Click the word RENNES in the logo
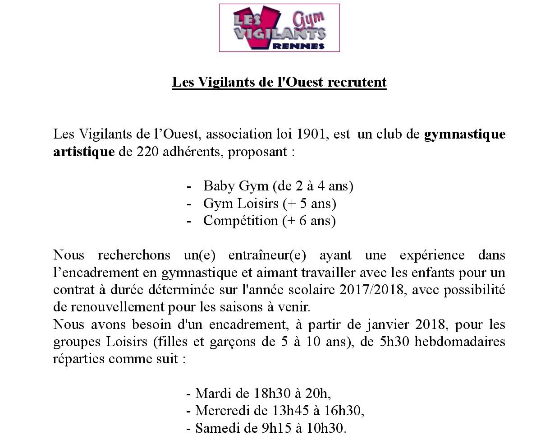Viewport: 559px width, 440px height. [298, 46]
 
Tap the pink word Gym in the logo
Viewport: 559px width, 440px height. [308, 19]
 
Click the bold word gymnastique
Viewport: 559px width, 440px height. [464, 134]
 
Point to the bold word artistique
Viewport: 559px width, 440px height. [84, 152]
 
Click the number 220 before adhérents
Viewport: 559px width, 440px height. [147, 152]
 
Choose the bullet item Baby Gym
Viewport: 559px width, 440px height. [236, 186]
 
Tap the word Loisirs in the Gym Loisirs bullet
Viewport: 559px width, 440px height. [258, 204]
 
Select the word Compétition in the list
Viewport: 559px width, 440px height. [241, 221]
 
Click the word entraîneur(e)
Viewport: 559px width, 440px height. [267, 255]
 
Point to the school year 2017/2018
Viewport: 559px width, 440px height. [371, 290]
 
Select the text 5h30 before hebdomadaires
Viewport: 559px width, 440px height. [394, 342]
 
